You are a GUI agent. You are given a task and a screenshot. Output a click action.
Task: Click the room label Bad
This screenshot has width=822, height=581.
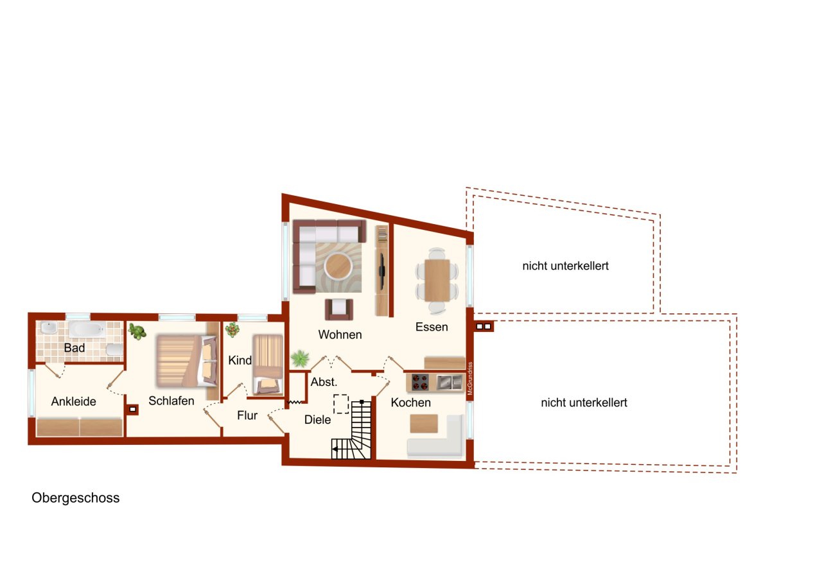74,348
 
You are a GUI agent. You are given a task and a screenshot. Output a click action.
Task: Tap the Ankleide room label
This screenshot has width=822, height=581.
73,402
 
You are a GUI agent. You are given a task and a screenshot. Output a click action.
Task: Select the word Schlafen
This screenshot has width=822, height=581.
171,401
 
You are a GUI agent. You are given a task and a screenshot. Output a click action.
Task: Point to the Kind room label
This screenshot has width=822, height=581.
240,361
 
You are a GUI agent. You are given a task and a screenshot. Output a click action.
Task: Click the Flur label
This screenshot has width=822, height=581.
247,415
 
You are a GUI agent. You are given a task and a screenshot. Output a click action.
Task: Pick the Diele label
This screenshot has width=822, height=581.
317,420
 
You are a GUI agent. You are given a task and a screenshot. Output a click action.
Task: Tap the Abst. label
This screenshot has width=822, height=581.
324,381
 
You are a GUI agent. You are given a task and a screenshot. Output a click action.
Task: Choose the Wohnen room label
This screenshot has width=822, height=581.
340,334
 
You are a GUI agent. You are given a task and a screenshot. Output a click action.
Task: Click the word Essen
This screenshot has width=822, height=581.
432,327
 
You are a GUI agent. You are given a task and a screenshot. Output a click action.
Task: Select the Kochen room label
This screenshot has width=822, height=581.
410,403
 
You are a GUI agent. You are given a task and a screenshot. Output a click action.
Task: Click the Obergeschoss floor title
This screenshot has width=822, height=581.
75,498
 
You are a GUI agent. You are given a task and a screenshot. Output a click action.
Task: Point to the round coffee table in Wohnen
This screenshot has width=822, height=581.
338,264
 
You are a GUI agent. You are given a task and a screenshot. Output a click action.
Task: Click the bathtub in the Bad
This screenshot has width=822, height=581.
86,330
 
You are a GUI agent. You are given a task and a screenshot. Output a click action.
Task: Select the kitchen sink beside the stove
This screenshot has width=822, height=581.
450,382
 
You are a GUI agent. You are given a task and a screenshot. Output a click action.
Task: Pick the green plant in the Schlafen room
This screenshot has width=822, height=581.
136,331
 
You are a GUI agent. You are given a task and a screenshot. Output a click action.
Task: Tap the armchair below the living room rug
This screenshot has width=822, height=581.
338,309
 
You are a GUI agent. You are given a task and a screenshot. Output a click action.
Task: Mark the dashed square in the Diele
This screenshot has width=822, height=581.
340,404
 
